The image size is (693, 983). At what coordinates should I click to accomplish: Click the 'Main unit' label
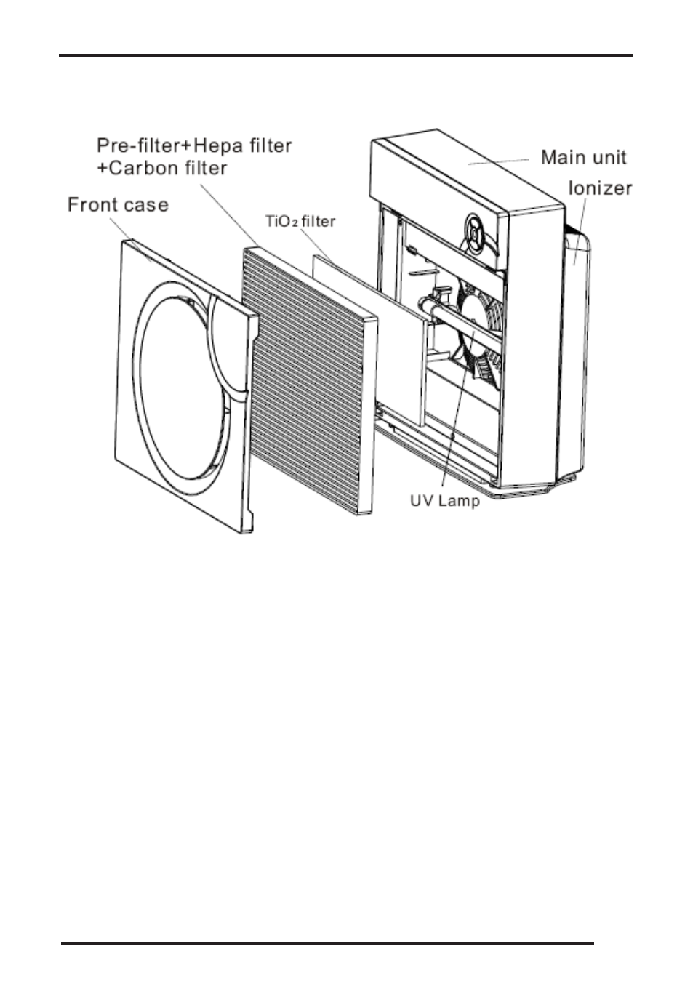(583, 158)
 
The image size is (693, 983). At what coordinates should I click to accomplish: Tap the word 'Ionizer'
(600, 188)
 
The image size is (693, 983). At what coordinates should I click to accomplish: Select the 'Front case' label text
(118, 205)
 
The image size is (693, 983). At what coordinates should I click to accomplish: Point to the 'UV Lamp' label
(445, 501)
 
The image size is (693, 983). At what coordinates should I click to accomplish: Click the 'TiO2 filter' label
(300, 221)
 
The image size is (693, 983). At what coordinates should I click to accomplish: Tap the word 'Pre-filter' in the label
(140, 145)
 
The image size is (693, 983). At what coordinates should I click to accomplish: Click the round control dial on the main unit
(475, 234)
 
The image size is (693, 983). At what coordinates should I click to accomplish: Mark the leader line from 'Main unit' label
(498, 162)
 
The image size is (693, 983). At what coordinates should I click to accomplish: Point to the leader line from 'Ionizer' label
(580, 232)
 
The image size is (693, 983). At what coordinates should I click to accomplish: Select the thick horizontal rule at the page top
(346, 55)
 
